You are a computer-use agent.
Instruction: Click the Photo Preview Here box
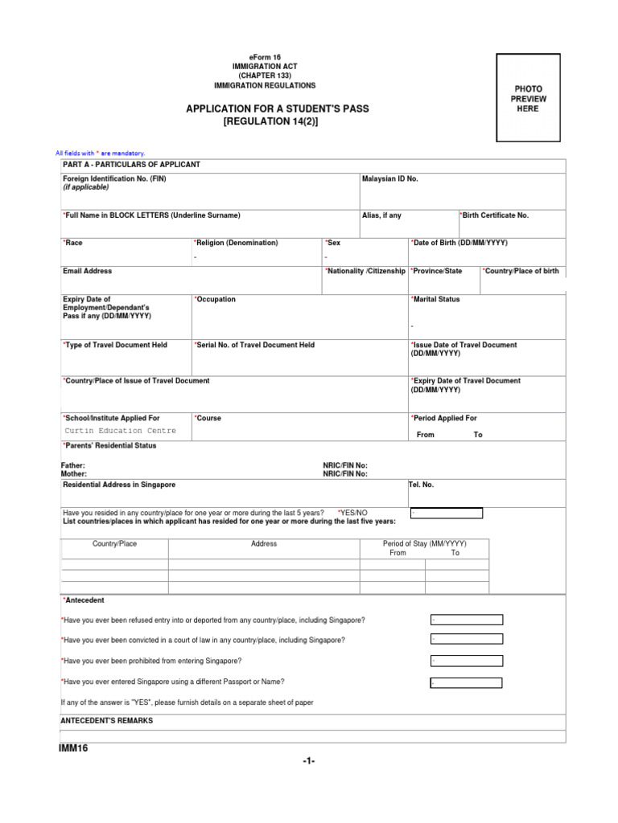(x=528, y=98)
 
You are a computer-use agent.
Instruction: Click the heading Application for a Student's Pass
(x=278, y=109)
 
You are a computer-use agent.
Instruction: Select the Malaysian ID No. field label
(x=390, y=178)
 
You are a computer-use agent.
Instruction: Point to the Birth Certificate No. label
(x=495, y=215)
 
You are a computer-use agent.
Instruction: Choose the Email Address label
(x=88, y=272)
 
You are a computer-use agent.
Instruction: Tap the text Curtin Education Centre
(x=120, y=431)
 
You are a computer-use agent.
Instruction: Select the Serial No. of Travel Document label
(x=254, y=345)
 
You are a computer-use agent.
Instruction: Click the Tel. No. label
(x=422, y=485)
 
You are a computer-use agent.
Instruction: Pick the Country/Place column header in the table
(x=115, y=544)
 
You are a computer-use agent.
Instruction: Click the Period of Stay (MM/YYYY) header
(x=424, y=544)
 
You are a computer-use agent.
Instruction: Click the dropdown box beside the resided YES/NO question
(x=446, y=513)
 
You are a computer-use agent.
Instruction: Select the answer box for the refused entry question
(x=466, y=620)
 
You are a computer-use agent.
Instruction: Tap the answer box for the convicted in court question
(x=466, y=639)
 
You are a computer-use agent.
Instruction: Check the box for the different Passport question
(x=466, y=682)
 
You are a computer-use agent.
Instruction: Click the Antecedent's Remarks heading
(x=107, y=721)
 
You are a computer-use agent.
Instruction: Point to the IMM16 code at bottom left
(x=74, y=749)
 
